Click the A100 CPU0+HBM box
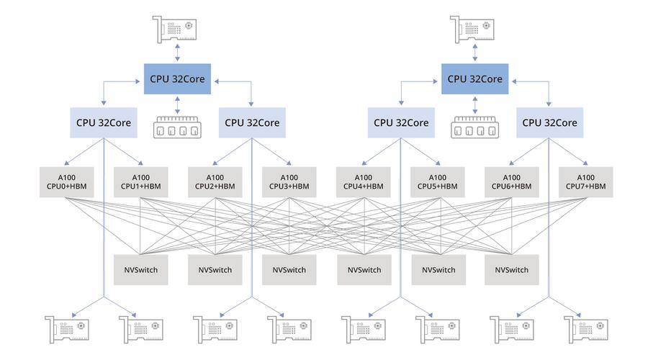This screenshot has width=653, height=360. coord(67,182)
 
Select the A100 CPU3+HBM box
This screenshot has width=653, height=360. coord(289,182)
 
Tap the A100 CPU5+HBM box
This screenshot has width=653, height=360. coord(437,182)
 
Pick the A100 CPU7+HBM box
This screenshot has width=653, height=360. coord(585,182)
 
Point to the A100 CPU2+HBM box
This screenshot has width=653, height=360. coord(215,182)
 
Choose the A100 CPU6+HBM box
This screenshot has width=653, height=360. coord(511,182)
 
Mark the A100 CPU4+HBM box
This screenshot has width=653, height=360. coord(364,182)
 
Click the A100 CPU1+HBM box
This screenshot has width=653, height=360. coord(141,182)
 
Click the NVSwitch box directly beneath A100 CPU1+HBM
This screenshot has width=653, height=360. coord(141,269)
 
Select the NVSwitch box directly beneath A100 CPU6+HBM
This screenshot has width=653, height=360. coord(511,269)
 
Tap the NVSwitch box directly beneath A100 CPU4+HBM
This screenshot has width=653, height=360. coord(364,269)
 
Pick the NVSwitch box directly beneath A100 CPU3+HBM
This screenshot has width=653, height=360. coord(289,269)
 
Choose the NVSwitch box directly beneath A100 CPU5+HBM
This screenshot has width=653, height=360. coord(437,269)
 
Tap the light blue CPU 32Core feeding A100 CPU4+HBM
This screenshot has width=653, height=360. coord(401,122)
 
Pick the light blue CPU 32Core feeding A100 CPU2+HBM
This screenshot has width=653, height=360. coord(252,122)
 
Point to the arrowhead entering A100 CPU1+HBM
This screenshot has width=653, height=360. coord(140,163)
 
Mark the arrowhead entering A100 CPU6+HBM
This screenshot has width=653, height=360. coord(513,163)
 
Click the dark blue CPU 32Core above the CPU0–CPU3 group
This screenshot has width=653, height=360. coord(178,78)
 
